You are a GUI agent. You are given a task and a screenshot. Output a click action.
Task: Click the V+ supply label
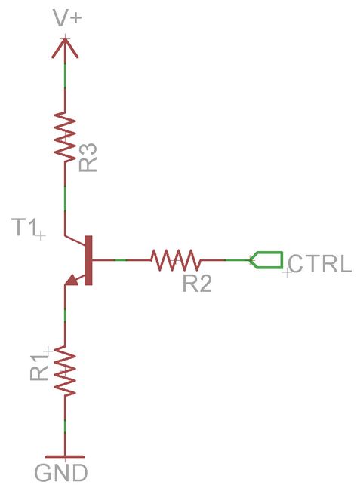pyautogui.click(x=66, y=17)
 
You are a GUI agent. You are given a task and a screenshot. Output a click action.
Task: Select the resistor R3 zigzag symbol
pyautogui.click(x=66, y=136)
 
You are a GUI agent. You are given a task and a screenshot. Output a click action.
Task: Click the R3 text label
pyautogui.click(x=88, y=155)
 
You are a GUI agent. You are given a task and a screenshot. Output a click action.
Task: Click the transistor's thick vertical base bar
pyautogui.click(x=89, y=260)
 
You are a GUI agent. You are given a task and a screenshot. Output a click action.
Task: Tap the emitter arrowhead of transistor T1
pyautogui.click(x=72, y=281)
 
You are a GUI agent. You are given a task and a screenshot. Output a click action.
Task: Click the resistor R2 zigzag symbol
pyautogui.click(x=175, y=260)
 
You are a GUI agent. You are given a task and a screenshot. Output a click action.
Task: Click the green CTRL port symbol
pyautogui.click(x=266, y=260)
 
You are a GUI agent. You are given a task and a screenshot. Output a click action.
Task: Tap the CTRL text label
pyautogui.click(x=320, y=264)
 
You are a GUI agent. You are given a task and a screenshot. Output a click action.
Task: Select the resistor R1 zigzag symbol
pyautogui.click(x=66, y=371)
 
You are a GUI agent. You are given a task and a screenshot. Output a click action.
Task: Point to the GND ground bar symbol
pyautogui.click(x=66, y=456)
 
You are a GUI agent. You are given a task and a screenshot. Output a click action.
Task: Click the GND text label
pyautogui.click(x=61, y=474)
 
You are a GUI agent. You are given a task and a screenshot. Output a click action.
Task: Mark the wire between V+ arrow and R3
pyautogui.click(x=66, y=83)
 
